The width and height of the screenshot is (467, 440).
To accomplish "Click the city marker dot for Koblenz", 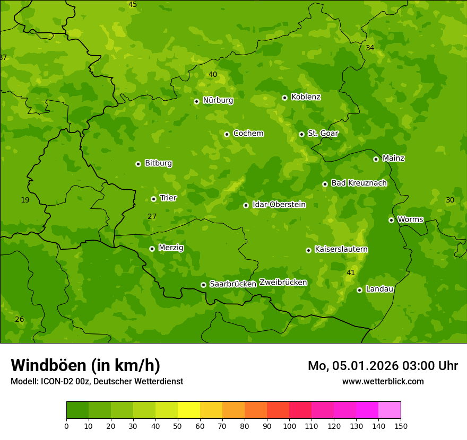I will [284, 98].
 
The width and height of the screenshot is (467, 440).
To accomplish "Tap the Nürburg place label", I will [218, 100].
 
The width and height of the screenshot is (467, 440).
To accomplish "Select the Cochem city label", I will [248, 133].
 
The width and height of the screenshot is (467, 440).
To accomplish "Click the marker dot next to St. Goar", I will [301, 134].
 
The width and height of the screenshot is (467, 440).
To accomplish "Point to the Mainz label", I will [393, 158].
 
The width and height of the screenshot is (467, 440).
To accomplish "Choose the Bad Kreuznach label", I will [359, 183].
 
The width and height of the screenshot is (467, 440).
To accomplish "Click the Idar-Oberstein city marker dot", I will [246, 205].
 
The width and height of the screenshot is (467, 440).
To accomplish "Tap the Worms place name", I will [410, 219].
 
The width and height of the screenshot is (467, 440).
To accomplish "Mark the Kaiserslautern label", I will [341, 249].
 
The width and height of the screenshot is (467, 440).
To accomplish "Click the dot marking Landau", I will [359, 290].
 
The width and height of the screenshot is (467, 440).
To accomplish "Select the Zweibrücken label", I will [283, 282].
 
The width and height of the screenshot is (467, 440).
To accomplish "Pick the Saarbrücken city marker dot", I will [203, 285].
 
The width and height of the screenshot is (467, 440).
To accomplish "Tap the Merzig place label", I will [171, 248].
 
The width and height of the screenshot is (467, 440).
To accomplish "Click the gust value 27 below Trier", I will [152, 216].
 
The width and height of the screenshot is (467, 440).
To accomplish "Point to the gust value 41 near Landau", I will [351, 272].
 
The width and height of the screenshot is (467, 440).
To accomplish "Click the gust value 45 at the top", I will [133, 4].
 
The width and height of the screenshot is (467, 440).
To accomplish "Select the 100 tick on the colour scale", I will [289, 426].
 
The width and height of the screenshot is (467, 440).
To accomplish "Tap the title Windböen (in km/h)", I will [85, 365].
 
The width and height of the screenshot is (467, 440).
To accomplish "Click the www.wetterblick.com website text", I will [383, 381].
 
